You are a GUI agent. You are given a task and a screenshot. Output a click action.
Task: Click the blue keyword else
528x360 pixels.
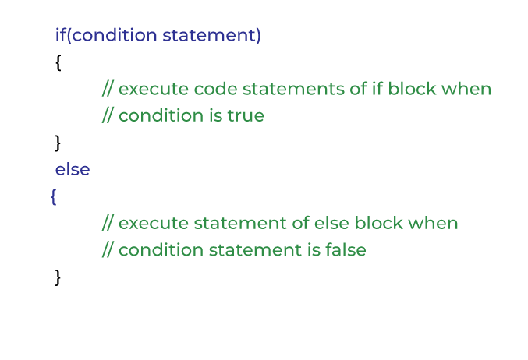(73, 169)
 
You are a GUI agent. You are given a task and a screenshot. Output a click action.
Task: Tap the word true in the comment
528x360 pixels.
(246, 116)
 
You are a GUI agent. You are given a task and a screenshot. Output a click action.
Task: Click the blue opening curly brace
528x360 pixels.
(53, 197)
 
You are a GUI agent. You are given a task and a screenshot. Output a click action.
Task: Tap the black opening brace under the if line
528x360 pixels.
(58, 63)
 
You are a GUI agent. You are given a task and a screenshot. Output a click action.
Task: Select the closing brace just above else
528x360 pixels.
(58, 143)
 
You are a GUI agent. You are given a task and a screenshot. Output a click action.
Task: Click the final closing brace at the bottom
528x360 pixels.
(58, 277)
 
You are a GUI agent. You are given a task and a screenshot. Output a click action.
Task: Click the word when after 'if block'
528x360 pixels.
(466, 89)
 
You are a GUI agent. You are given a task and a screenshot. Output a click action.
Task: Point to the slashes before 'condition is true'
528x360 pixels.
(108, 116)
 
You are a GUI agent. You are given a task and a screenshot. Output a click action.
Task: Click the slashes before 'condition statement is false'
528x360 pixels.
(108, 250)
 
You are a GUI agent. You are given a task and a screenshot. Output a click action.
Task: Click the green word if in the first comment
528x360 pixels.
(359, 89)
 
